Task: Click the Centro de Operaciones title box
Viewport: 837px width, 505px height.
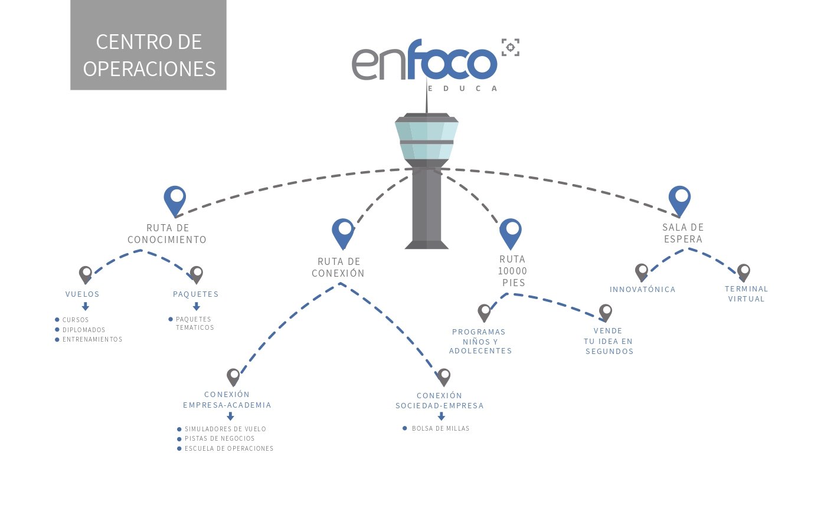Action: (x=148, y=45)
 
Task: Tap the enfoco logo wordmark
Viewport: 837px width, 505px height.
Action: (x=424, y=61)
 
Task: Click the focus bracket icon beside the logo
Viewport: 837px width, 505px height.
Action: (x=511, y=47)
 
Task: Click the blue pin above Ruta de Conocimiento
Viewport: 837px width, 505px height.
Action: (x=175, y=200)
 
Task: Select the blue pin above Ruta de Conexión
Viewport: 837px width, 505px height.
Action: (x=343, y=232)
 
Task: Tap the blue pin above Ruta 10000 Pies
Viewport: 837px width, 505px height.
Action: (x=511, y=232)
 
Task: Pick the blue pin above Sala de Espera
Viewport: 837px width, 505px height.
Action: (x=679, y=200)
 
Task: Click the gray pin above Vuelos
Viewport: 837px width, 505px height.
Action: (x=86, y=274)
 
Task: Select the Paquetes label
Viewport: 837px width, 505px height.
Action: (x=195, y=294)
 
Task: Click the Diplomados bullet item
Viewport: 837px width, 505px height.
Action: (x=84, y=330)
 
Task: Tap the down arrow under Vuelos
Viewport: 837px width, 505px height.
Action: (x=86, y=307)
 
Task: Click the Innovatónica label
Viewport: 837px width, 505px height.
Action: (x=642, y=289)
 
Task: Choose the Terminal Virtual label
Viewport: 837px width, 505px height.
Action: (x=746, y=294)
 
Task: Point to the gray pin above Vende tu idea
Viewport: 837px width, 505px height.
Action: (x=606, y=313)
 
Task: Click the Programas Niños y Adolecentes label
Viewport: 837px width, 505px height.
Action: (x=480, y=341)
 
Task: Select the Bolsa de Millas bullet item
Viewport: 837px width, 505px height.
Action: (x=440, y=428)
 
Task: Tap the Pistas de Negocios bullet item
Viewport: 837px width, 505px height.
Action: (x=220, y=438)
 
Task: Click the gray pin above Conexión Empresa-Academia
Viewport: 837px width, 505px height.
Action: (x=234, y=377)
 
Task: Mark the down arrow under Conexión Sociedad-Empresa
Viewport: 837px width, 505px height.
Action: (x=441, y=416)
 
